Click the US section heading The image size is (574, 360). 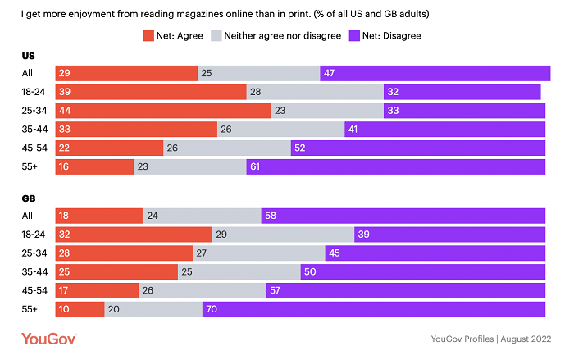click(28, 55)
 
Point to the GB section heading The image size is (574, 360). click(28, 198)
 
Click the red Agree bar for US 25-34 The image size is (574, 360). click(162, 110)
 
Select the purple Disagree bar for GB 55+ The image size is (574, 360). click(373, 309)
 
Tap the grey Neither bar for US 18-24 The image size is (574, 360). click(315, 91)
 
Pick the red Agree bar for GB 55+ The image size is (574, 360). click(80, 309)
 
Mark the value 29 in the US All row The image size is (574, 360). click(64, 73)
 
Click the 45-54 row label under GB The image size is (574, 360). click(34, 290)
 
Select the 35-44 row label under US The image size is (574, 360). click(34, 129)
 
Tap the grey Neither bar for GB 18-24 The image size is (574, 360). click(283, 235)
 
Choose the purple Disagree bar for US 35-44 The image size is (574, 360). click(444, 129)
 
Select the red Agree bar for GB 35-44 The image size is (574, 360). click(116, 271)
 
